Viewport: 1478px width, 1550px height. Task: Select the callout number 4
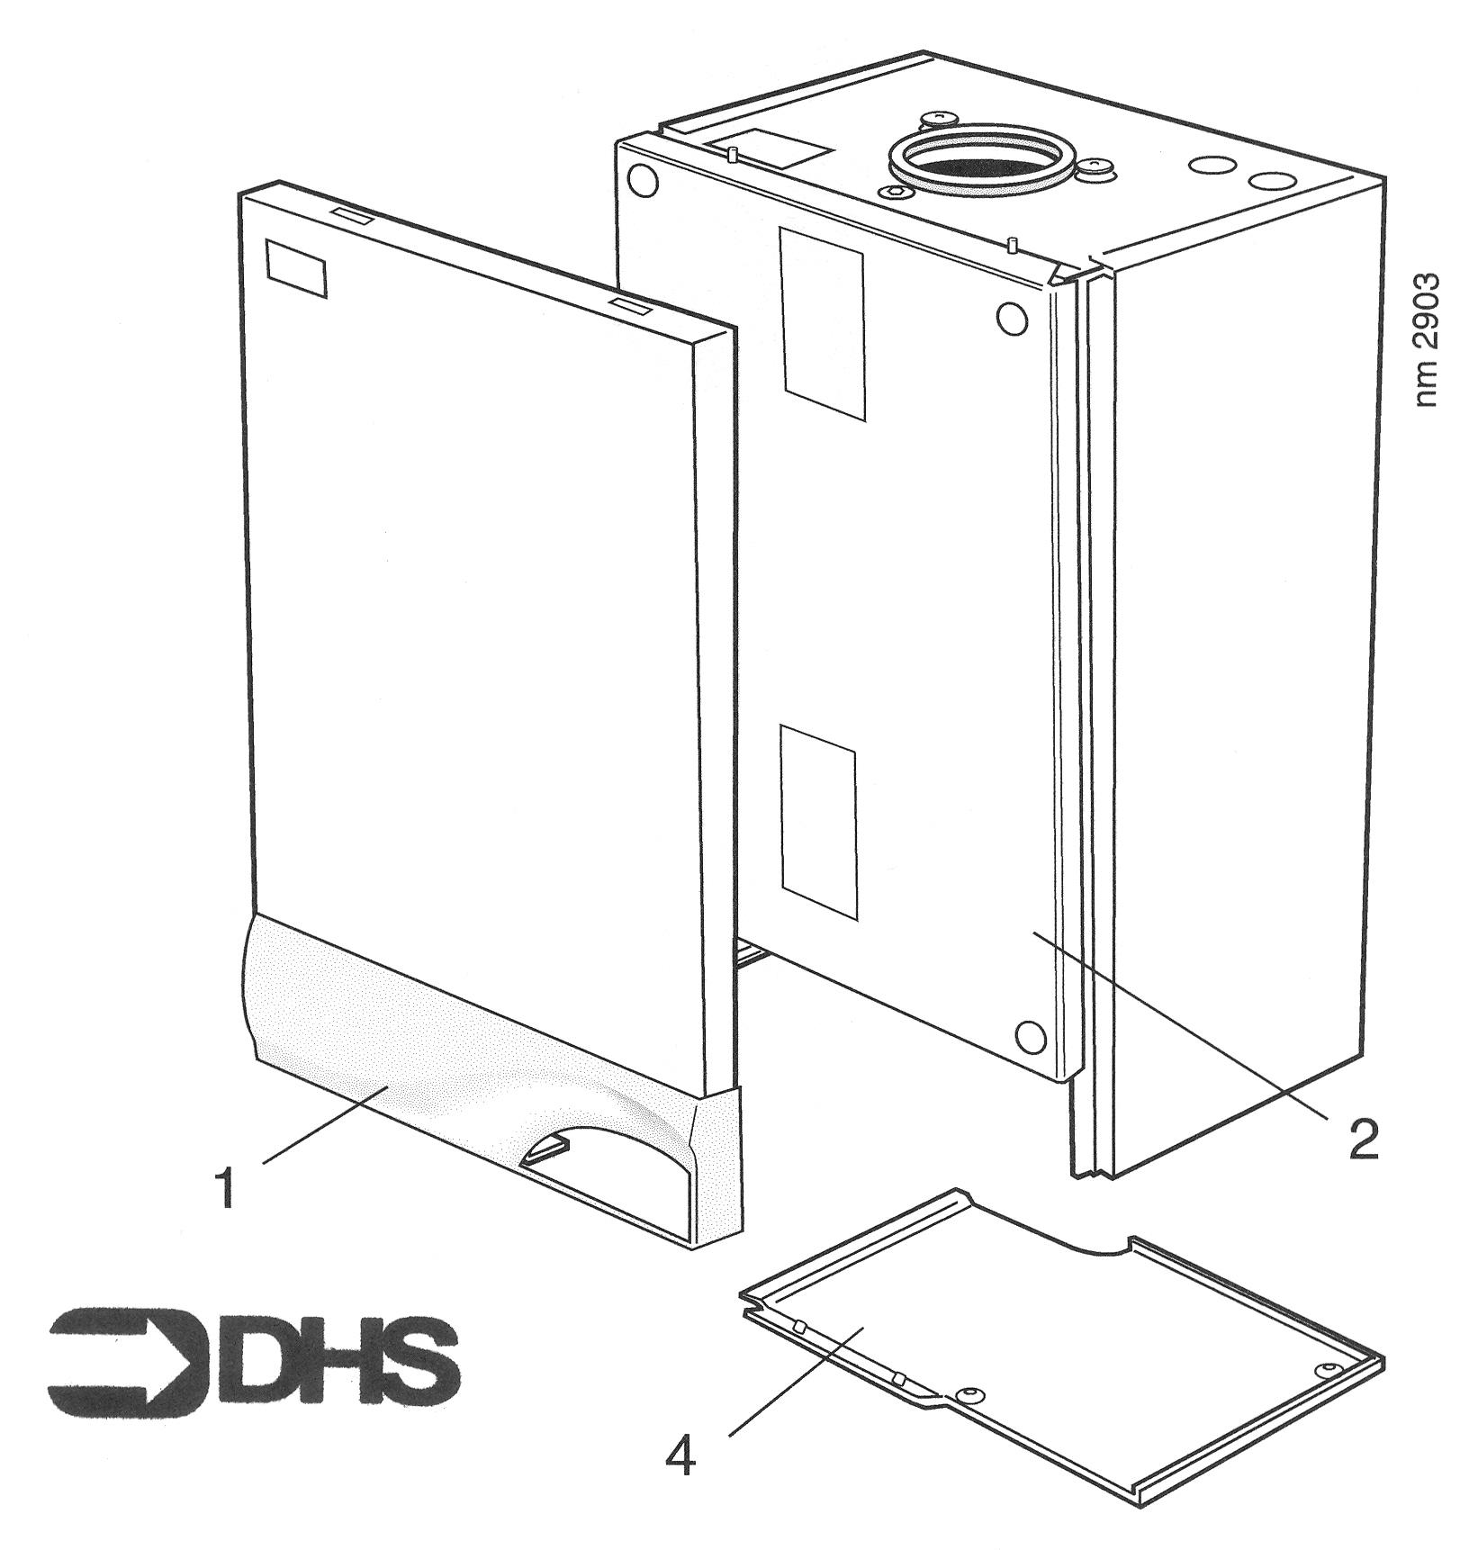(680, 1453)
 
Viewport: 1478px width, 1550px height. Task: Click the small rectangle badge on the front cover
(296, 268)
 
